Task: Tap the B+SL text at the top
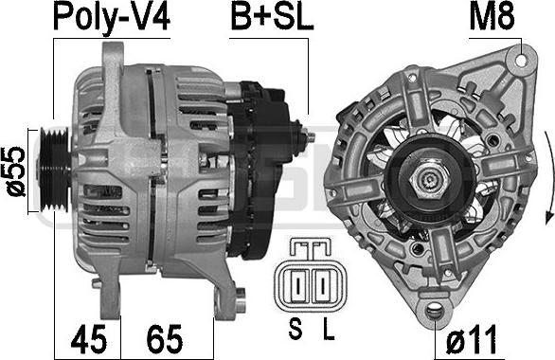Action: click(x=272, y=17)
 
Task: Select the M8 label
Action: click(x=492, y=17)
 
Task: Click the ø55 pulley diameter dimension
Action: click(x=16, y=171)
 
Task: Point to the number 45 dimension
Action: click(x=88, y=339)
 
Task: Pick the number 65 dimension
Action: click(x=165, y=339)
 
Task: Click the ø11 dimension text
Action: click(x=471, y=339)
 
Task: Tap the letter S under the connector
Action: click(x=295, y=329)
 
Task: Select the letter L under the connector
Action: click(x=329, y=329)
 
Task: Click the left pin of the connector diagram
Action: click(x=298, y=286)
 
